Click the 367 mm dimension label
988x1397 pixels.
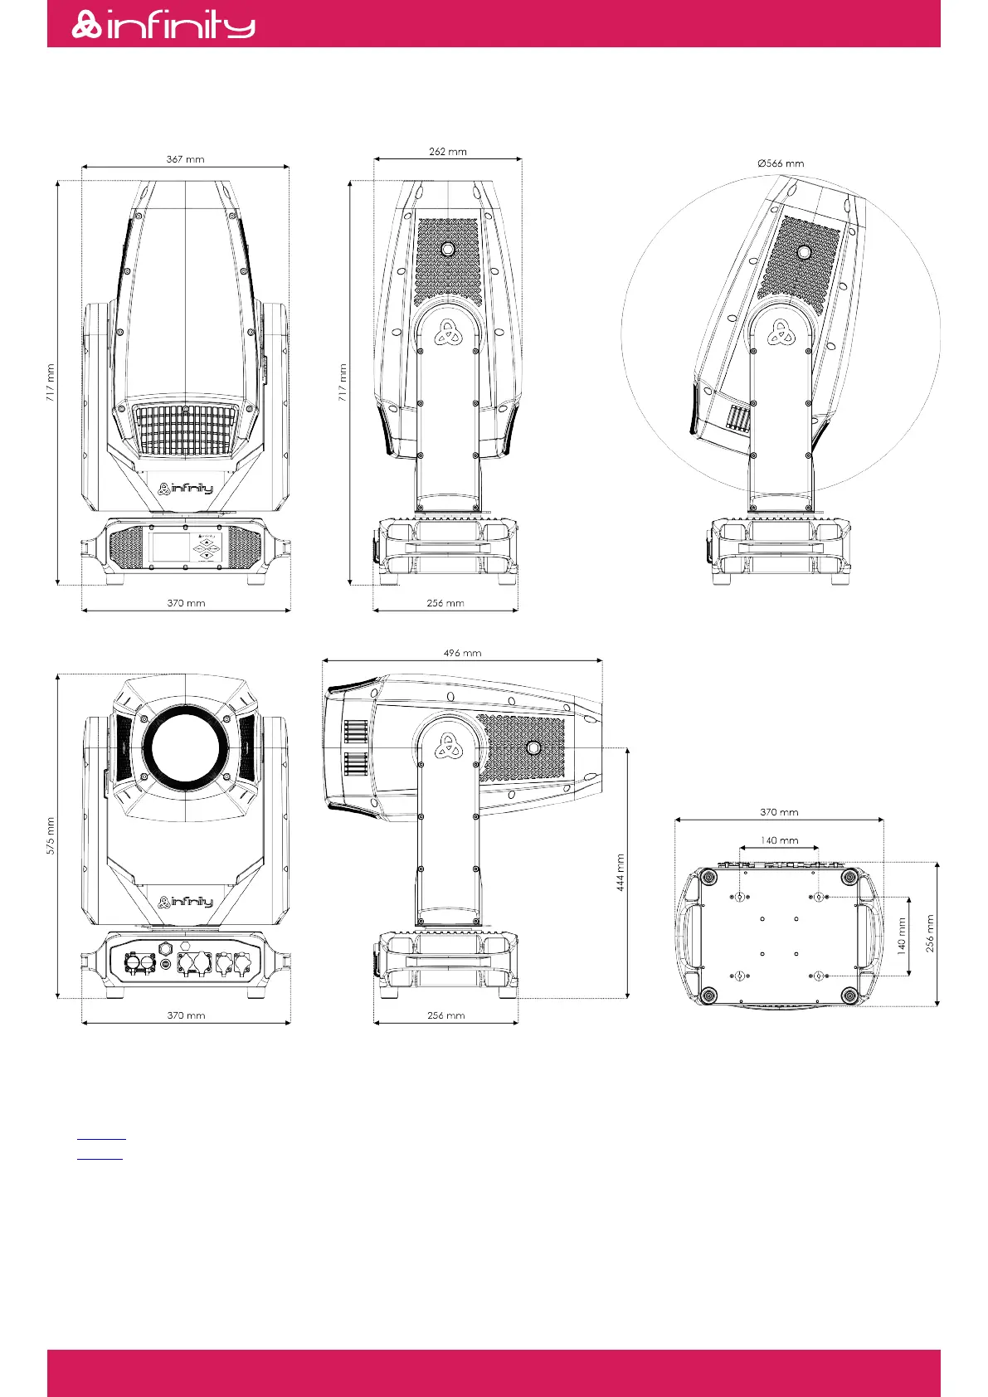pos(185,159)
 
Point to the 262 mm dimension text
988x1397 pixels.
pos(448,152)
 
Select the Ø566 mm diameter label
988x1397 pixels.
pos(781,163)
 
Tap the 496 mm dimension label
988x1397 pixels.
pos(462,653)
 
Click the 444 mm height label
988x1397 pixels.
pos(620,872)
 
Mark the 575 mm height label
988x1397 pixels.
pos(51,835)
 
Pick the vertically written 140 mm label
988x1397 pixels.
pos(901,936)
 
